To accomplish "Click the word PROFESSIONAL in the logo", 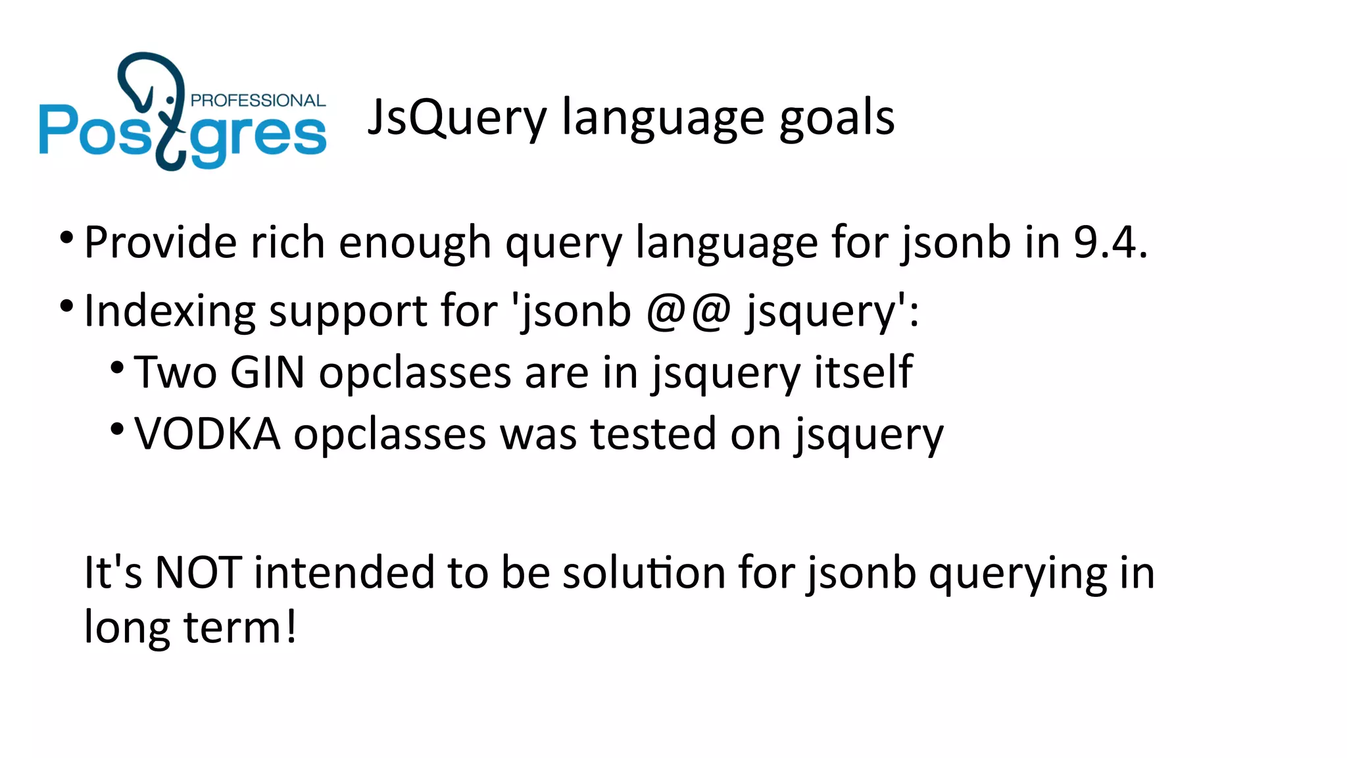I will pyautogui.click(x=258, y=101).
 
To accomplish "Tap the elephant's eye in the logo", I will pyautogui.click(x=170, y=100).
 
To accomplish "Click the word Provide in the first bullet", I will pyautogui.click(x=160, y=242).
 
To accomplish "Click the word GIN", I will pyautogui.click(x=268, y=372).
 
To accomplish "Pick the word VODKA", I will pyautogui.click(x=207, y=434).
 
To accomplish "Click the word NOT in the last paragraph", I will pyautogui.click(x=197, y=572).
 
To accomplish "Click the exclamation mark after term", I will pyautogui.click(x=290, y=627).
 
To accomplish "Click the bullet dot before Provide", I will pyautogui.click(x=66, y=237).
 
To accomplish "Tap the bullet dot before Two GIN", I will pyautogui.click(x=117, y=367).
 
